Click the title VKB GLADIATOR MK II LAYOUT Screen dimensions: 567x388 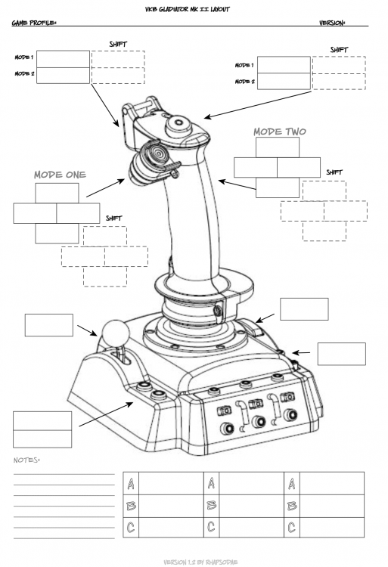[194, 8]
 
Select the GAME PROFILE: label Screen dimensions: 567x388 [34, 23]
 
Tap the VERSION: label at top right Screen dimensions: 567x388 [332, 23]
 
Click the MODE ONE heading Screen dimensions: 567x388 [60, 175]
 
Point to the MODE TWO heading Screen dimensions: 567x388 [279, 132]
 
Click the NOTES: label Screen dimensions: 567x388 [26, 460]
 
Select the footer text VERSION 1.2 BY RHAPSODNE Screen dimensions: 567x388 [194, 562]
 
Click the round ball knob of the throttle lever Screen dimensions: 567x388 [113, 332]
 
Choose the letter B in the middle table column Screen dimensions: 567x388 [212, 503]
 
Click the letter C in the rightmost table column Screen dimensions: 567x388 [292, 525]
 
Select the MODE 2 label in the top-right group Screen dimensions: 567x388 [244, 81]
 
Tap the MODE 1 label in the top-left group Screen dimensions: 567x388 [25, 57]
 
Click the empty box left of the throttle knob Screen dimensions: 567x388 [48, 324]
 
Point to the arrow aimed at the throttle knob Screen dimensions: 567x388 [85, 329]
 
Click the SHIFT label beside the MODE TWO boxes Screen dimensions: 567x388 [334, 172]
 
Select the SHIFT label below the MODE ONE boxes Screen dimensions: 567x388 [113, 218]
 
